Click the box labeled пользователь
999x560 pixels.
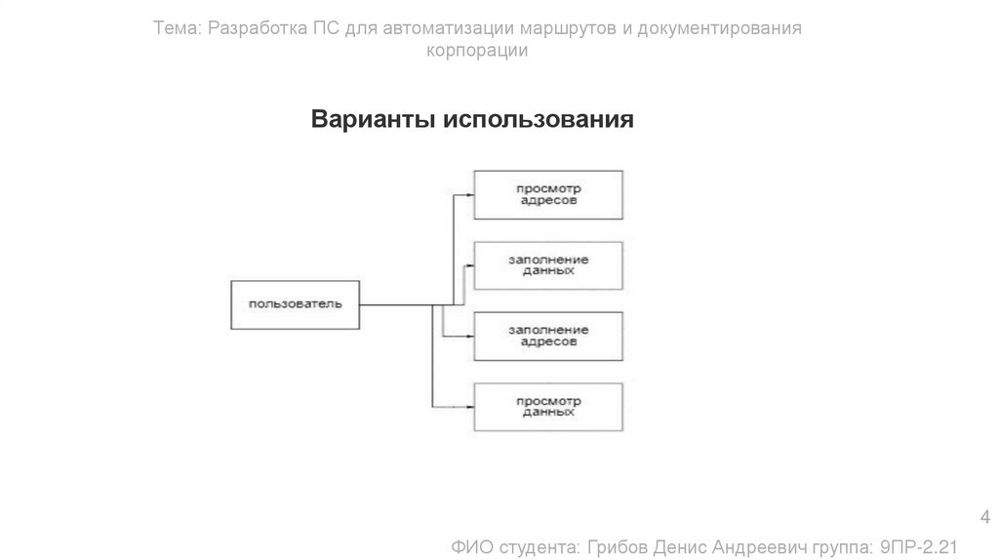click(295, 304)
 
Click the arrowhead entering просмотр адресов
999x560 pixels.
click(470, 193)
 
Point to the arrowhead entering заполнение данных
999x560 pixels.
click(470, 264)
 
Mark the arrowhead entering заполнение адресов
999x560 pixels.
click(470, 336)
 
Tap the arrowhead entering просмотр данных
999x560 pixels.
click(470, 406)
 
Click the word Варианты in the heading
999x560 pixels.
click(374, 120)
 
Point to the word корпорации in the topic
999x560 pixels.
click(478, 51)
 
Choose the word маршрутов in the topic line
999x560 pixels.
click(563, 29)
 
